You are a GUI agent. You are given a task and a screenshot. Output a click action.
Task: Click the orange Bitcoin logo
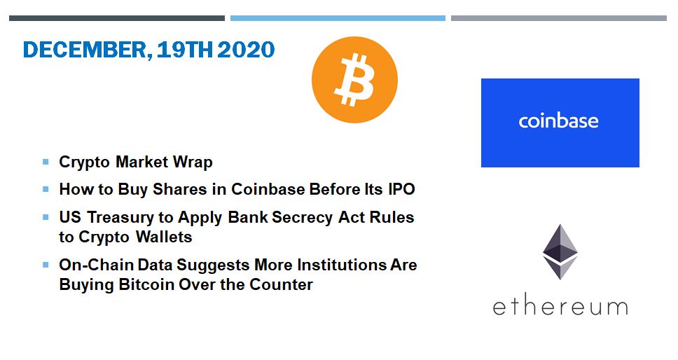pyautogui.click(x=354, y=80)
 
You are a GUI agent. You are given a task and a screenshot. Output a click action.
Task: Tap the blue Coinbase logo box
pyautogui.click(x=560, y=123)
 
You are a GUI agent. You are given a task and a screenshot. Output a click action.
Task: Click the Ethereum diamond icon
pyautogui.click(x=560, y=252)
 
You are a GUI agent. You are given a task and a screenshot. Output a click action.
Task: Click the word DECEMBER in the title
pyautogui.click(x=85, y=50)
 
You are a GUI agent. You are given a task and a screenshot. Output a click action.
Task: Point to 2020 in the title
pyautogui.click(x=246, y=49)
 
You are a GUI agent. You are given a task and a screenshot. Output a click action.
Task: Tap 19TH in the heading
pyautogui.click(x=185, y=49)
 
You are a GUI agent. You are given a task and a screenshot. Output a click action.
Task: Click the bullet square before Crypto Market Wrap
pyautogui.click(x=46, y=162)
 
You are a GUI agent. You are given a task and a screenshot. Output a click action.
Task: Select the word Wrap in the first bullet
pyautogui.click(x=193, y=162)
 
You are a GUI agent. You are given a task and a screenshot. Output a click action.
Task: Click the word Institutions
pyautogui.click(x=342, y=265)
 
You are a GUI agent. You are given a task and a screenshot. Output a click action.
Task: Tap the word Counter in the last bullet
pyautogui.click(x=282, y=284)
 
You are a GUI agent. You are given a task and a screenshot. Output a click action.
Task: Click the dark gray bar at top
pyautogui.click(x=117, y=18)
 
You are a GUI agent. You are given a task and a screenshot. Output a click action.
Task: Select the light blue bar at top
pyautogui.click(x=338, y=18)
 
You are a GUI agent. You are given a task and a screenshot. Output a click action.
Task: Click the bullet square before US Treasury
pyautogui.click(x=46, y=217)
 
